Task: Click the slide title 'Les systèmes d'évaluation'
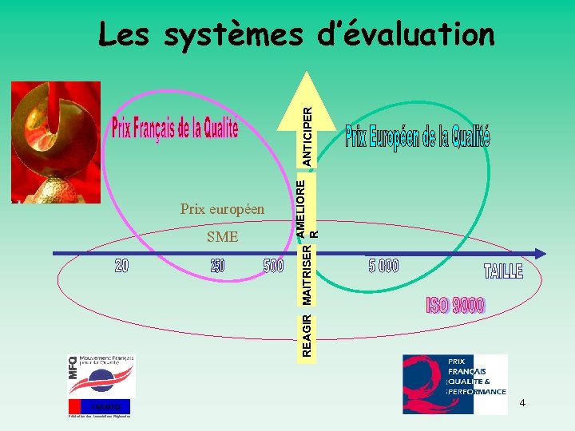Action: point(296,34)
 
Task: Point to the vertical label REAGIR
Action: point(308,336)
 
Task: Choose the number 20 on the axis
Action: point(121,266)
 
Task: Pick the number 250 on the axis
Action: point(217,266)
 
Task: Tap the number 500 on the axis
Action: point(273,266)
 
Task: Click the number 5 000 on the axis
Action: point(383,266)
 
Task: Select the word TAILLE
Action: point(503,271)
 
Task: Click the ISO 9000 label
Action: point(455,304)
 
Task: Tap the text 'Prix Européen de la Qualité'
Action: point(417,137)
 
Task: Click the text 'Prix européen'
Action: point(222,209)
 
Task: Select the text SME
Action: point(222,236)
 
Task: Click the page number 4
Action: point(522,403)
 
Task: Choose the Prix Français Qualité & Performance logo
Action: point(454,384)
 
